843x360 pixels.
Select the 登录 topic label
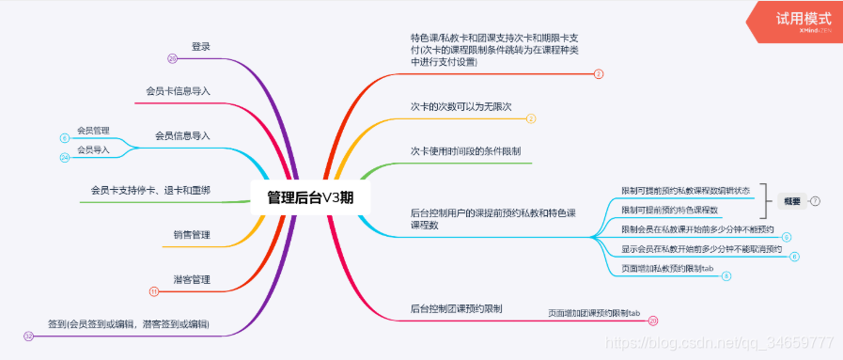tap(200, 46)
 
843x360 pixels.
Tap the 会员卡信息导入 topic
tap(178, 91)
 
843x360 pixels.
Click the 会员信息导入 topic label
tap(182, 135)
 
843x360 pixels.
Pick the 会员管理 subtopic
tap(93, 130)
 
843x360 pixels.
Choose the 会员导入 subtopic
tap(93, 149)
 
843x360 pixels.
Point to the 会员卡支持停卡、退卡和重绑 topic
tap(150, 190)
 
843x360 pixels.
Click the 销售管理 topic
tap(191, 234)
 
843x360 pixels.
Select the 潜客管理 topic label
tap(191, 279)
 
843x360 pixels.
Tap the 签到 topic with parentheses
tap(129, 324)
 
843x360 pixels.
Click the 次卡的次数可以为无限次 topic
tap(461, 106)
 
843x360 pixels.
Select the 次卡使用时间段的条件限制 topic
tap(466, 150)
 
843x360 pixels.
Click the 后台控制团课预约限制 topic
tap(457, 307)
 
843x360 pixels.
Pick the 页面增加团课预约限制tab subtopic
tap(593, 312)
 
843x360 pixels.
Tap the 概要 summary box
tap(791, 200)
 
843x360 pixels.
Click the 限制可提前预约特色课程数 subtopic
tap(669, 210)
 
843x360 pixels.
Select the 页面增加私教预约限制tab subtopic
tap(667, 268)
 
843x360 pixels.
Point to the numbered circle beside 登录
tap(172, 58)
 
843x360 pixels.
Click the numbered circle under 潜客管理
tap(153, 291)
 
